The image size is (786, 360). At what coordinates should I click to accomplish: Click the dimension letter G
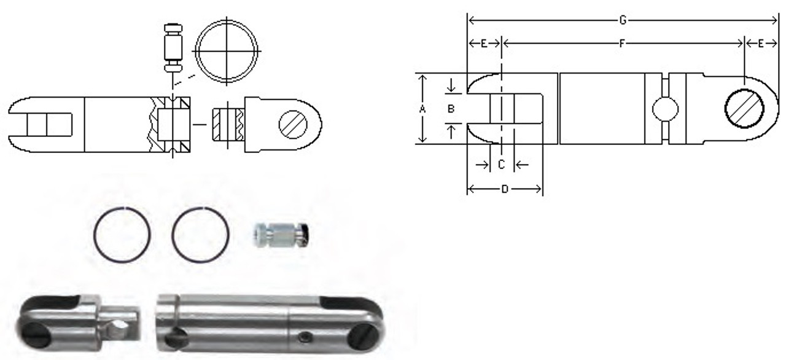click(622, 21)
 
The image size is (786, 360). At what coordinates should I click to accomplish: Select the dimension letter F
click(622, 44)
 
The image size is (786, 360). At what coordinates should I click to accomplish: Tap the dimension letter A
click(422, 108)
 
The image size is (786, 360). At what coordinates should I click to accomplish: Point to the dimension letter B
click(451, 108)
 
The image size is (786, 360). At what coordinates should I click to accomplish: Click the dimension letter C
click(501, 165)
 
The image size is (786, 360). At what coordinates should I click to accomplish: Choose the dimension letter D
click(504, 190)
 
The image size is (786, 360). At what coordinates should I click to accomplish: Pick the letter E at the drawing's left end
click(484, 44)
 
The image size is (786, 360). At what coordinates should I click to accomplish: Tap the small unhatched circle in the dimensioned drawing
click(665, 109)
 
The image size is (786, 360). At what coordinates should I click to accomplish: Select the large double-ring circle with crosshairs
click(227, 50)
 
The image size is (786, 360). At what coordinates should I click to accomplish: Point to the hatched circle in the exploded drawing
click(292, 125)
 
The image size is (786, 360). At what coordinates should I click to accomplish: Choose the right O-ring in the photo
click(201, 235)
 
